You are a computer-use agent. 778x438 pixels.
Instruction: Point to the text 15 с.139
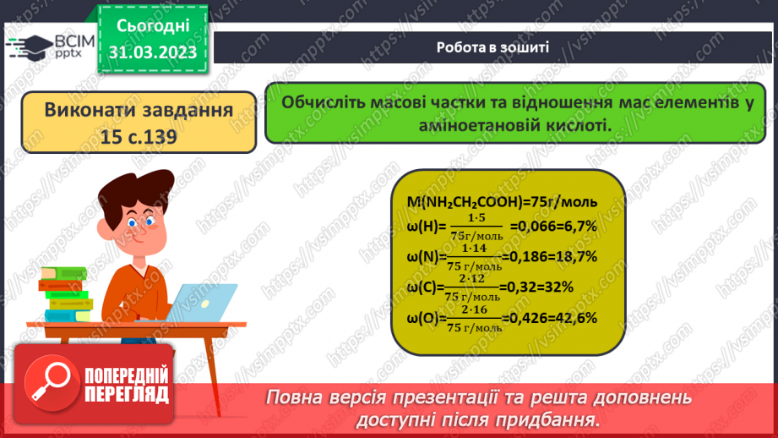click(x=139, y=136)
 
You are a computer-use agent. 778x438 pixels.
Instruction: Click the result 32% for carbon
click(x=559, y=287)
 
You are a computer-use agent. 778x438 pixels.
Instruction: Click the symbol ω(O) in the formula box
click(x=417, y=318)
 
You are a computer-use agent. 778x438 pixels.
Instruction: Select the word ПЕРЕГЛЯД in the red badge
click(x=128, y=394)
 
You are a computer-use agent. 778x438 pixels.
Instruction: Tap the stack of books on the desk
click(x=66, y=299)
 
